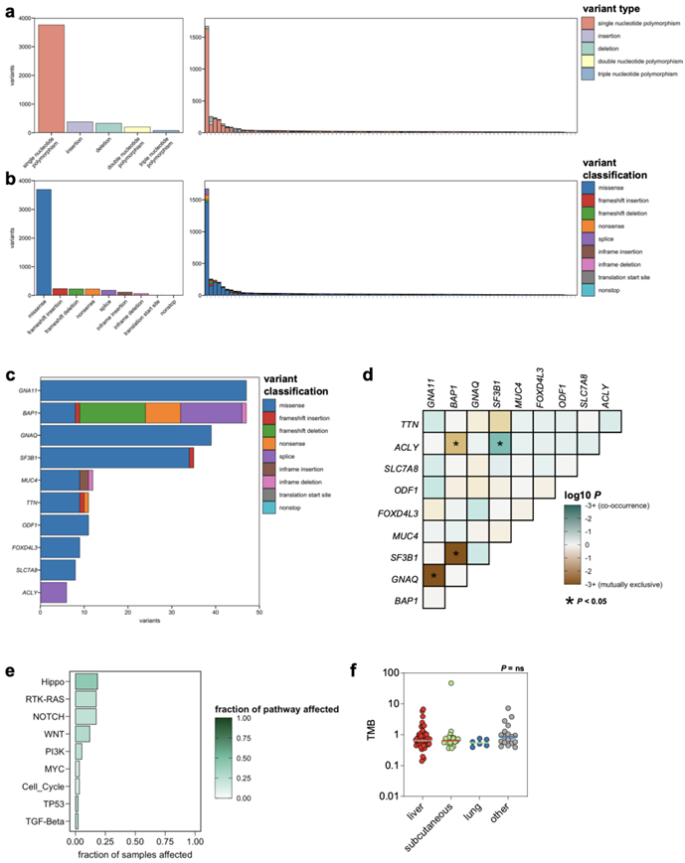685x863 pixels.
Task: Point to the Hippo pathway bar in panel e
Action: tap(86, 680)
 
